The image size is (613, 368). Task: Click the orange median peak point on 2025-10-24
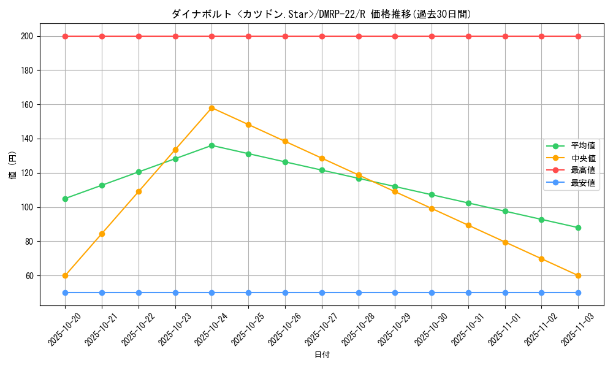[x=211, y=108]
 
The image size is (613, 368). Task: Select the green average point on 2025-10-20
[x=65, y=199]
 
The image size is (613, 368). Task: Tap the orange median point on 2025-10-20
[x=65, y=275]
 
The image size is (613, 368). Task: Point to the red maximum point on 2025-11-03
[x=578, y=36]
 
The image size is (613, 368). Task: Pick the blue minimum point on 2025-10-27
[x=322, y=293]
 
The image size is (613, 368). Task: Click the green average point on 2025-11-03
[x=578, y=228]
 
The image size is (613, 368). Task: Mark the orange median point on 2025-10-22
[x=139, y=191]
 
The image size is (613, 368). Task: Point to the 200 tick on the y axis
[x=28, y=36]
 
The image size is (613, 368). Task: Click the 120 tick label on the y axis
[x=28, y=173]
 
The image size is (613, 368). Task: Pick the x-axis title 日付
[x=322, y=355]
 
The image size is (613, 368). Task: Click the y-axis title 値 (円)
[x=12, y=166]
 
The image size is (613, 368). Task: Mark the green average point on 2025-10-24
[x=211, y=145]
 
